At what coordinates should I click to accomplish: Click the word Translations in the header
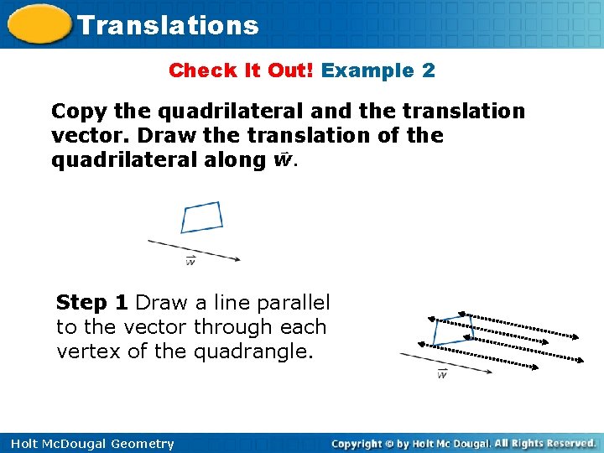(x=168, y=25)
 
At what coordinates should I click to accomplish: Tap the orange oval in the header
(x=37, y=24)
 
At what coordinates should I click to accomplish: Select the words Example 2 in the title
(x=378, y=70)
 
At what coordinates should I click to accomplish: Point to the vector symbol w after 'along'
(x=282, y=159)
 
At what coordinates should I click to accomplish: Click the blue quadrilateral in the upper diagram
(x=202, y=217)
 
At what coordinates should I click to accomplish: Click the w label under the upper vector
(x=190, y=262)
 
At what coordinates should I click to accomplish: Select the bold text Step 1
(x=92, y=302)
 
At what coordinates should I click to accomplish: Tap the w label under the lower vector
(x=442, y=374)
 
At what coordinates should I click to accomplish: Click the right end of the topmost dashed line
(x=576, y=338)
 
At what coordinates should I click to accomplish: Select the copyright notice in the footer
(x=463, y=443)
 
